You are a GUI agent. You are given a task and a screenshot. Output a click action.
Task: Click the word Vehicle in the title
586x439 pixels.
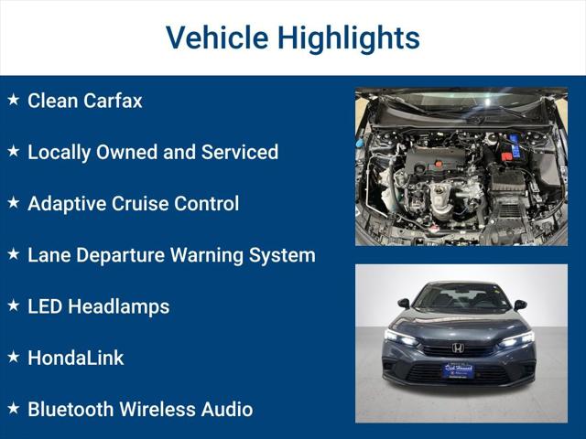coord(216,38)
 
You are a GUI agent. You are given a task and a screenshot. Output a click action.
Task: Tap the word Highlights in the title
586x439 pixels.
coord(349,38)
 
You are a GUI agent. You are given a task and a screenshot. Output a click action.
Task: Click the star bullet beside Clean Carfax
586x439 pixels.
coord(13,100)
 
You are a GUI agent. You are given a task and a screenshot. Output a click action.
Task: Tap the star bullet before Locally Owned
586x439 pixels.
coord(13,151)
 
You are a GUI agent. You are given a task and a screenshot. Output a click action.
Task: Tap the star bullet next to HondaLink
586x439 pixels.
coord(13,357)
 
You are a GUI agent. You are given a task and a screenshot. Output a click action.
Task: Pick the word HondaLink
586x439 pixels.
coord(75,358)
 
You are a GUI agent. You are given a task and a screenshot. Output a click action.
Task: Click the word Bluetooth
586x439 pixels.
coord(71,409)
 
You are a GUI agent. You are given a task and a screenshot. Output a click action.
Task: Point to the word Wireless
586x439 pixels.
coord(158,409)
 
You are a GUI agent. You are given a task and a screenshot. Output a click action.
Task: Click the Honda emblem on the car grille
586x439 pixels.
coord(458,348)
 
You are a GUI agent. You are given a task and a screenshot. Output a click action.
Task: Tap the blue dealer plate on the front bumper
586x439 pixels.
coord(458,369)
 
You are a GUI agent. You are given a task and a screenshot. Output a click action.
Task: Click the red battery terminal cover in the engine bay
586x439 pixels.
coord(506,156)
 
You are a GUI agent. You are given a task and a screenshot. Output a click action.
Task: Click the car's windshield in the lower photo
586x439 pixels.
coord(461,298)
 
